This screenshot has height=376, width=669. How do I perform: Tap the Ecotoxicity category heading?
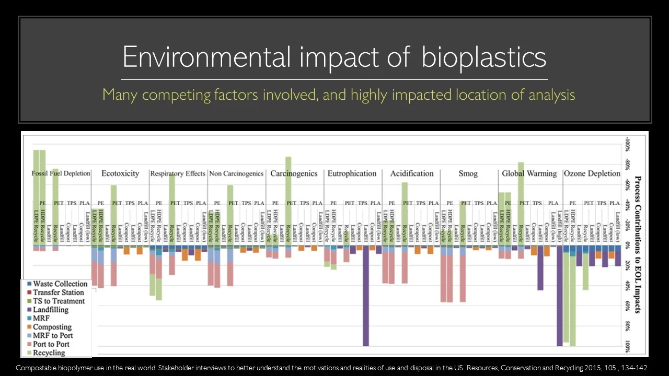click(120, 173)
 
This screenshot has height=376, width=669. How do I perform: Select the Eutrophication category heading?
click(352, 173)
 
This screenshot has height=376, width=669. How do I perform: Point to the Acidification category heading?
click(412, 173)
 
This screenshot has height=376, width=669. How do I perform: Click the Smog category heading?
click(468, 173)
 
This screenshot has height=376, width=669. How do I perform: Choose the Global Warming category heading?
click(529, 173)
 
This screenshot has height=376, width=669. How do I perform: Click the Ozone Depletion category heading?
click(592, 173)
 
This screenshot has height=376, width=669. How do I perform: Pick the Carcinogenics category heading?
click(294, 173)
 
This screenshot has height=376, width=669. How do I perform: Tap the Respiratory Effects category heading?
click(178, 173)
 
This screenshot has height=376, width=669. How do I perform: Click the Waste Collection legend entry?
click(60, 284)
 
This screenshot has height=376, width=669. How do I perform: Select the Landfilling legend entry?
click(50, 310)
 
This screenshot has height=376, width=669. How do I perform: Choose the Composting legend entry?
click(52, 327)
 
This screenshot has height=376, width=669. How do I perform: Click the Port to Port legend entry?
click(51, 344)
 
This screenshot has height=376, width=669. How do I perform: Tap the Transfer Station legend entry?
click(58, 292)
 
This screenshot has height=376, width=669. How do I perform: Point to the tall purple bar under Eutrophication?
click(366, 298)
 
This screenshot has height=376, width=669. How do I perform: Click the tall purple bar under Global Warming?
click(560, 298)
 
